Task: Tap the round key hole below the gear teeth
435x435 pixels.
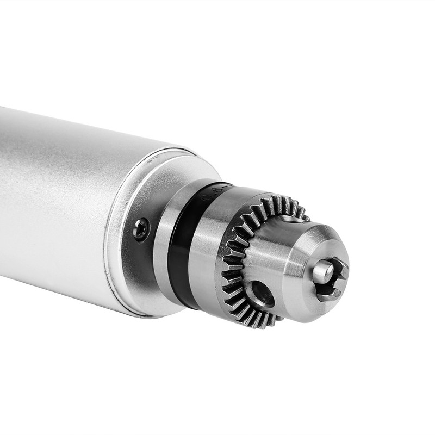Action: click(264, 294)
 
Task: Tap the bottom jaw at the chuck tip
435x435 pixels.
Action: click(328, 294)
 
